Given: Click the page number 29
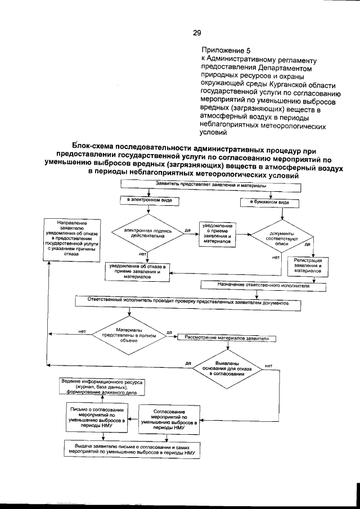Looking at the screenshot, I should coord(197,33).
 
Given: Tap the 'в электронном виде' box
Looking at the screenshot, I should coord(148,201).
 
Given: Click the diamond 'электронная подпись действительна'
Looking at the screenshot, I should coord(148,233).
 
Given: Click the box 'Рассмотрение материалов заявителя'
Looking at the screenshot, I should coord(226,338).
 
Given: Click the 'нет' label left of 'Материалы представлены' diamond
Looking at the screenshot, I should coord(82,331).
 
